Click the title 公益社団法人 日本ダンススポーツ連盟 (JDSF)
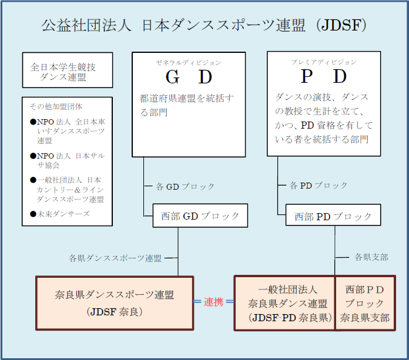(204, 25)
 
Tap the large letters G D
(189, 77)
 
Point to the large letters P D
(324, 77)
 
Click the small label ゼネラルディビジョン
(189, 62)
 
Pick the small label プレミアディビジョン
(324, 62)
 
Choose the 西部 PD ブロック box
(333, 216)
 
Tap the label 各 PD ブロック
(319, 185)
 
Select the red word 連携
(213, 302)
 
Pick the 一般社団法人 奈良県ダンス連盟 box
(284, 304)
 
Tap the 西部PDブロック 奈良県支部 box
(365, 304)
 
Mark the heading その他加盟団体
(56, 107)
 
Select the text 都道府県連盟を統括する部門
(187, 105)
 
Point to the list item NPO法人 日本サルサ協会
(66, 160)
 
